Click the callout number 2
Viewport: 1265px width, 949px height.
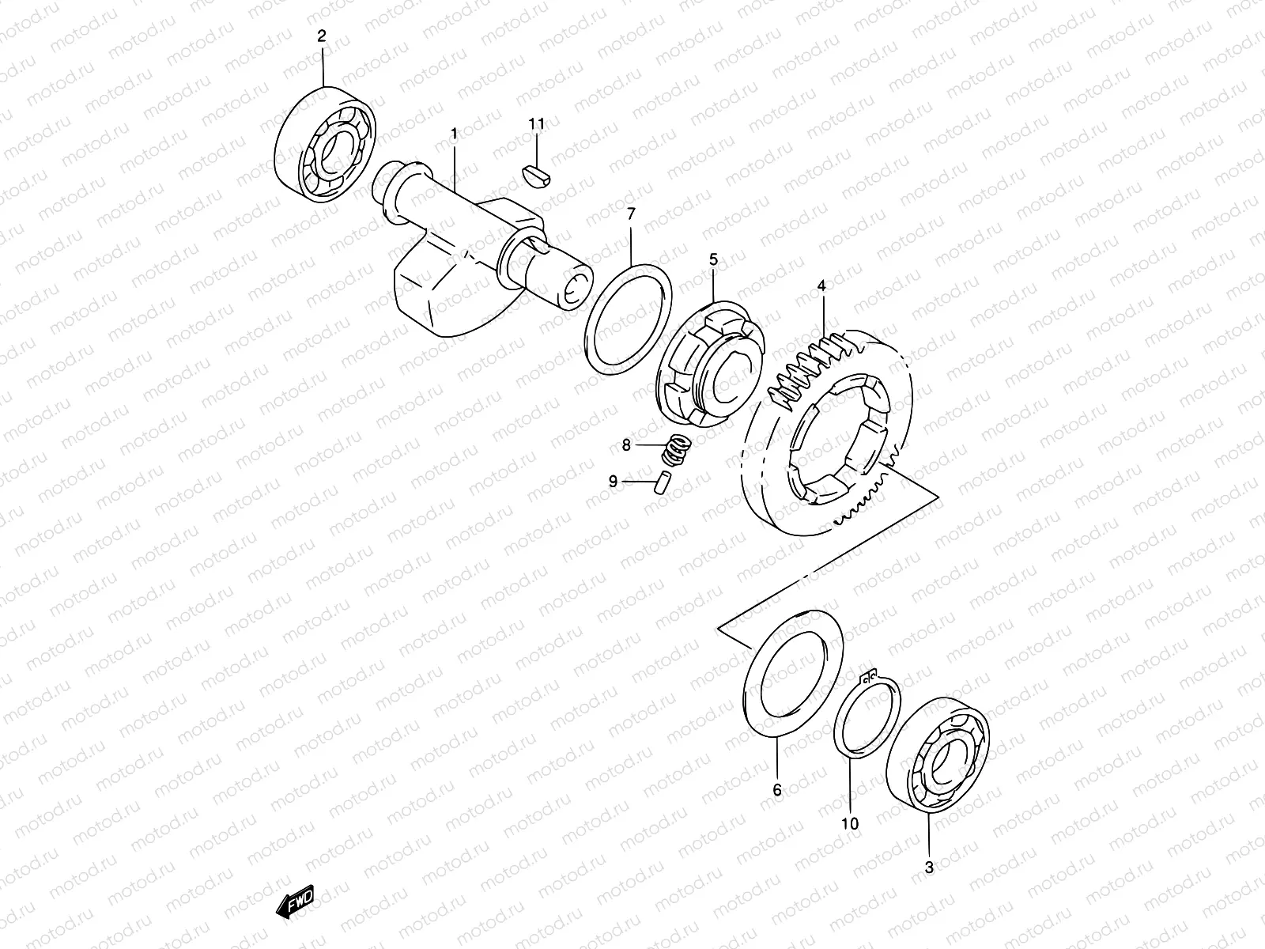(x=322, y=36)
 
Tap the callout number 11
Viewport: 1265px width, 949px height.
(x=537, y=124)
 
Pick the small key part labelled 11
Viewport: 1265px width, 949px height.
(x=539, y=172)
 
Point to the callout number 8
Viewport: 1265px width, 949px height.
(x=626, y=445)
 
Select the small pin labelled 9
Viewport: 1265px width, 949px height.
(x=663, y=480)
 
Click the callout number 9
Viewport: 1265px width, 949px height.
(x=613, y=480)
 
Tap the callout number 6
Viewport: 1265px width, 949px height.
(x=776, y=790)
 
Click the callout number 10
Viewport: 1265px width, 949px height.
(x=849, y=824)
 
